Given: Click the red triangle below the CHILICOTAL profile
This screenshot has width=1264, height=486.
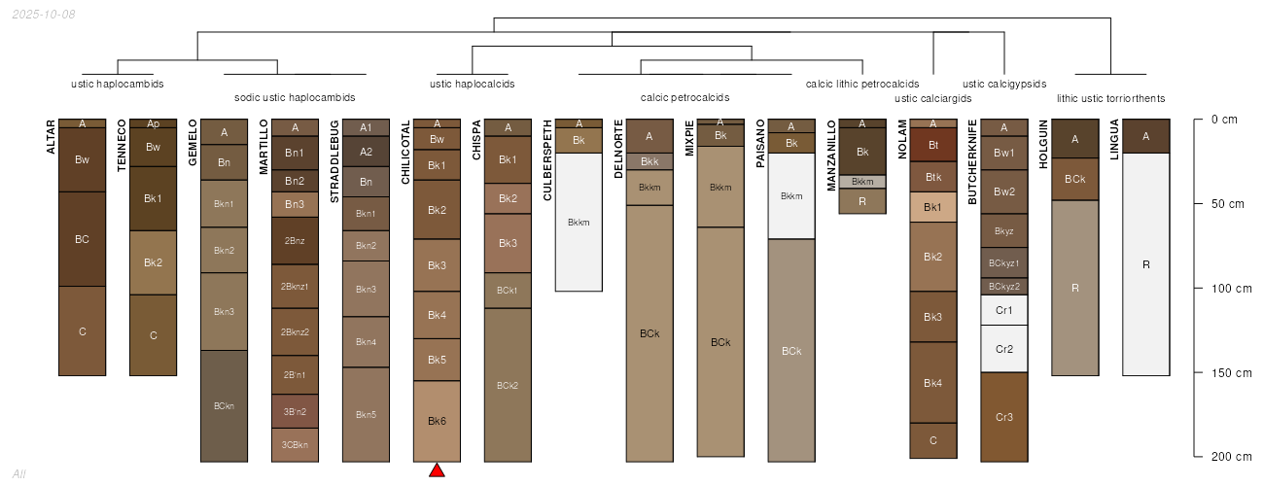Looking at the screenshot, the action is [437, 470].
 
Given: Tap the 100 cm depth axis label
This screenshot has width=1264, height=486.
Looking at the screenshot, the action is [1231, 289].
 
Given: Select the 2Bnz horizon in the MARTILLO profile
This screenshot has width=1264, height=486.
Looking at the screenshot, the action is [296, 241].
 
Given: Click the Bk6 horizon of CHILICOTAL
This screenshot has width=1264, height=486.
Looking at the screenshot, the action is [437, 421].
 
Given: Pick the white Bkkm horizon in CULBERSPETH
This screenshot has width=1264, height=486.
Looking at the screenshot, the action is [579, 223].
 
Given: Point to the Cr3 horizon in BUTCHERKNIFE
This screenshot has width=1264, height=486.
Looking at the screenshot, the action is [1004, 417].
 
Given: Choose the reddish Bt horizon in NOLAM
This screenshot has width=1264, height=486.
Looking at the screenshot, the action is [933, 145].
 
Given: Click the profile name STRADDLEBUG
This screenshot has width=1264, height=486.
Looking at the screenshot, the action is [334, 161].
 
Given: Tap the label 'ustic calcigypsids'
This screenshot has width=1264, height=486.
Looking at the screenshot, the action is [1004, 84].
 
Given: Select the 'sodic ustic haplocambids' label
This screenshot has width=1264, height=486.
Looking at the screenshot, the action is [295, 97].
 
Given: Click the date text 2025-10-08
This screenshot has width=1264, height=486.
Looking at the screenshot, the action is [44, 15].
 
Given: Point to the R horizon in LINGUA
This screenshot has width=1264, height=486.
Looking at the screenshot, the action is [1146, 264].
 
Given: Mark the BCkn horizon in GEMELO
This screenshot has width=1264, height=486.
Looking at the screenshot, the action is [224, 406].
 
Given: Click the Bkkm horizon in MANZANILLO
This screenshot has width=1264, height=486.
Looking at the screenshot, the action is [862, 182].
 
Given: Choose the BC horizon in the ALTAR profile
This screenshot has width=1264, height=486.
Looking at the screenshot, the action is [83, 239].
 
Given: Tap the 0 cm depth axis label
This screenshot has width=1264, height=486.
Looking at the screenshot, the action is [1224, 120].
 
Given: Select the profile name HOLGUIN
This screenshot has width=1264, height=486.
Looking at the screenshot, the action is [1043, 144].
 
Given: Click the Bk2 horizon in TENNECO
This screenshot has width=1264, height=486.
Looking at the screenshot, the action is [153, 262].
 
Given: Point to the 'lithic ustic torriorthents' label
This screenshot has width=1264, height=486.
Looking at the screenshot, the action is [1110, 99].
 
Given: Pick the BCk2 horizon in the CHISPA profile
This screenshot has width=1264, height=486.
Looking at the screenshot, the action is [508, 385].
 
